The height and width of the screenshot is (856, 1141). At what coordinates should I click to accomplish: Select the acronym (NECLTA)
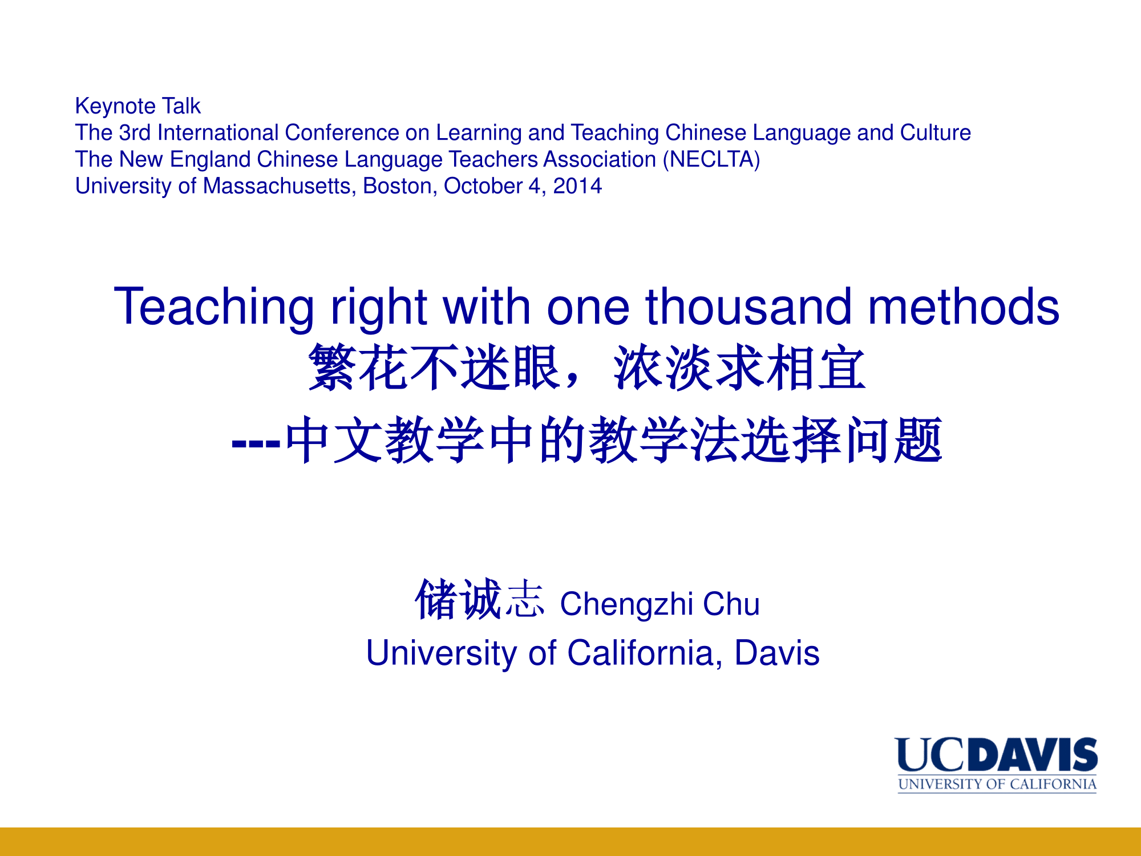(x=711, y=160)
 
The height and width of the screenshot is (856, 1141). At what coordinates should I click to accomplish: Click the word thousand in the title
(x=748, y=306)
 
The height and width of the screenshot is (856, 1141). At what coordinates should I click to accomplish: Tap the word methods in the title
(x=964, y=306)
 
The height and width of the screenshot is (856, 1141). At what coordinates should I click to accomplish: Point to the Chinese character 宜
(x=841, y=368)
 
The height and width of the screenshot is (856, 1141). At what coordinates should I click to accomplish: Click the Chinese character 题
(x=918, y=439)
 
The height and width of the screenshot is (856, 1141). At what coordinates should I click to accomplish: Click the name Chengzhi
(x=626, y=605)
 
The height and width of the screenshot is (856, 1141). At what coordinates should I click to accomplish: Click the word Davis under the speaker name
(x=777, y=653)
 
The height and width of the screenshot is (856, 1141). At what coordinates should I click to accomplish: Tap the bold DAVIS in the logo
(x=1033, y=754)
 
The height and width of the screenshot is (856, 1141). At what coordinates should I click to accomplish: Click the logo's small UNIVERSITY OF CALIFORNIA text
(x=997, y=784)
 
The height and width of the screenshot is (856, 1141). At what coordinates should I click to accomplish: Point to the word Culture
(x=936, y=132)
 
